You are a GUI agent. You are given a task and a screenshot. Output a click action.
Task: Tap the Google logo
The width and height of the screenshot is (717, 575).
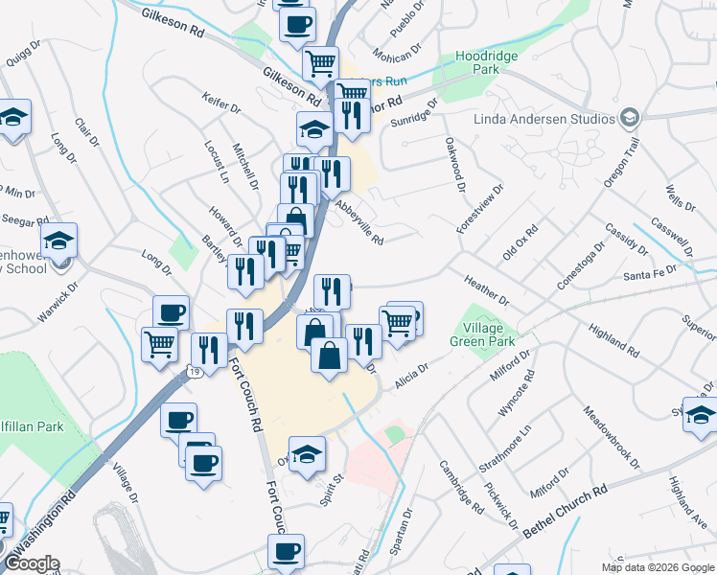(x=32, y=563)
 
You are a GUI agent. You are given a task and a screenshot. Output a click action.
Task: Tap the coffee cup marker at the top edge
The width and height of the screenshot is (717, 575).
(x=297, y=23)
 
